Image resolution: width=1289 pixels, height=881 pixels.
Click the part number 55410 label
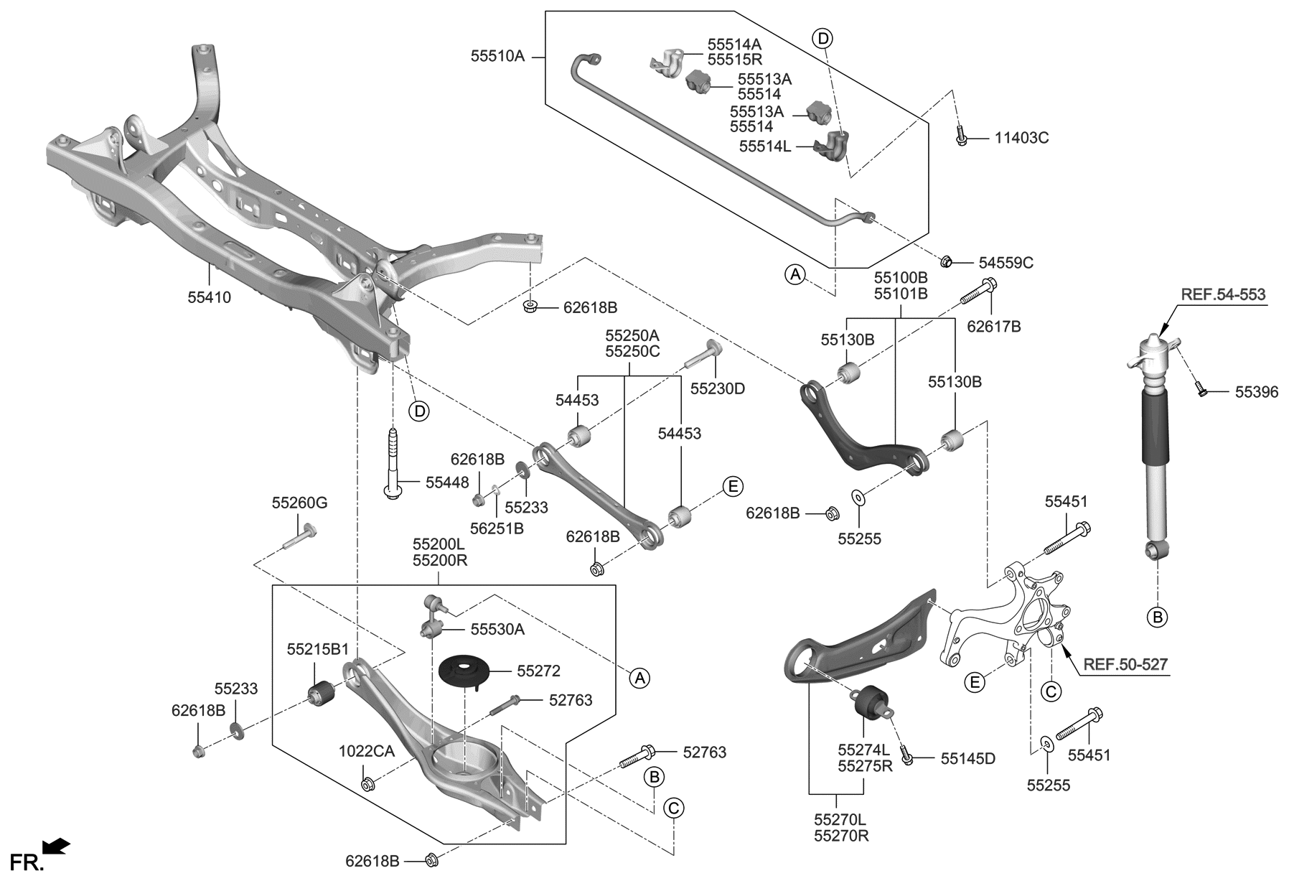210,297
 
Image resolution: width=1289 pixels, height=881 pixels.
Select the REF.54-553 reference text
1223,294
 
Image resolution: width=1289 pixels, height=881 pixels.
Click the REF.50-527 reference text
1125,665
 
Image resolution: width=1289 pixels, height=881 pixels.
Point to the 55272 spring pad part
464,673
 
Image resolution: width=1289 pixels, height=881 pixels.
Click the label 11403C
1021,138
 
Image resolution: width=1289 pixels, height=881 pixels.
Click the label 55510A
497,55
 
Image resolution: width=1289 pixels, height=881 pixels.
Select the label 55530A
497,630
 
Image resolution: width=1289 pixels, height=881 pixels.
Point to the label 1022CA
367,752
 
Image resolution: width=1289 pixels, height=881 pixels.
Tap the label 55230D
718,388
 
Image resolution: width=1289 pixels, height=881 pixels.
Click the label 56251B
497,528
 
